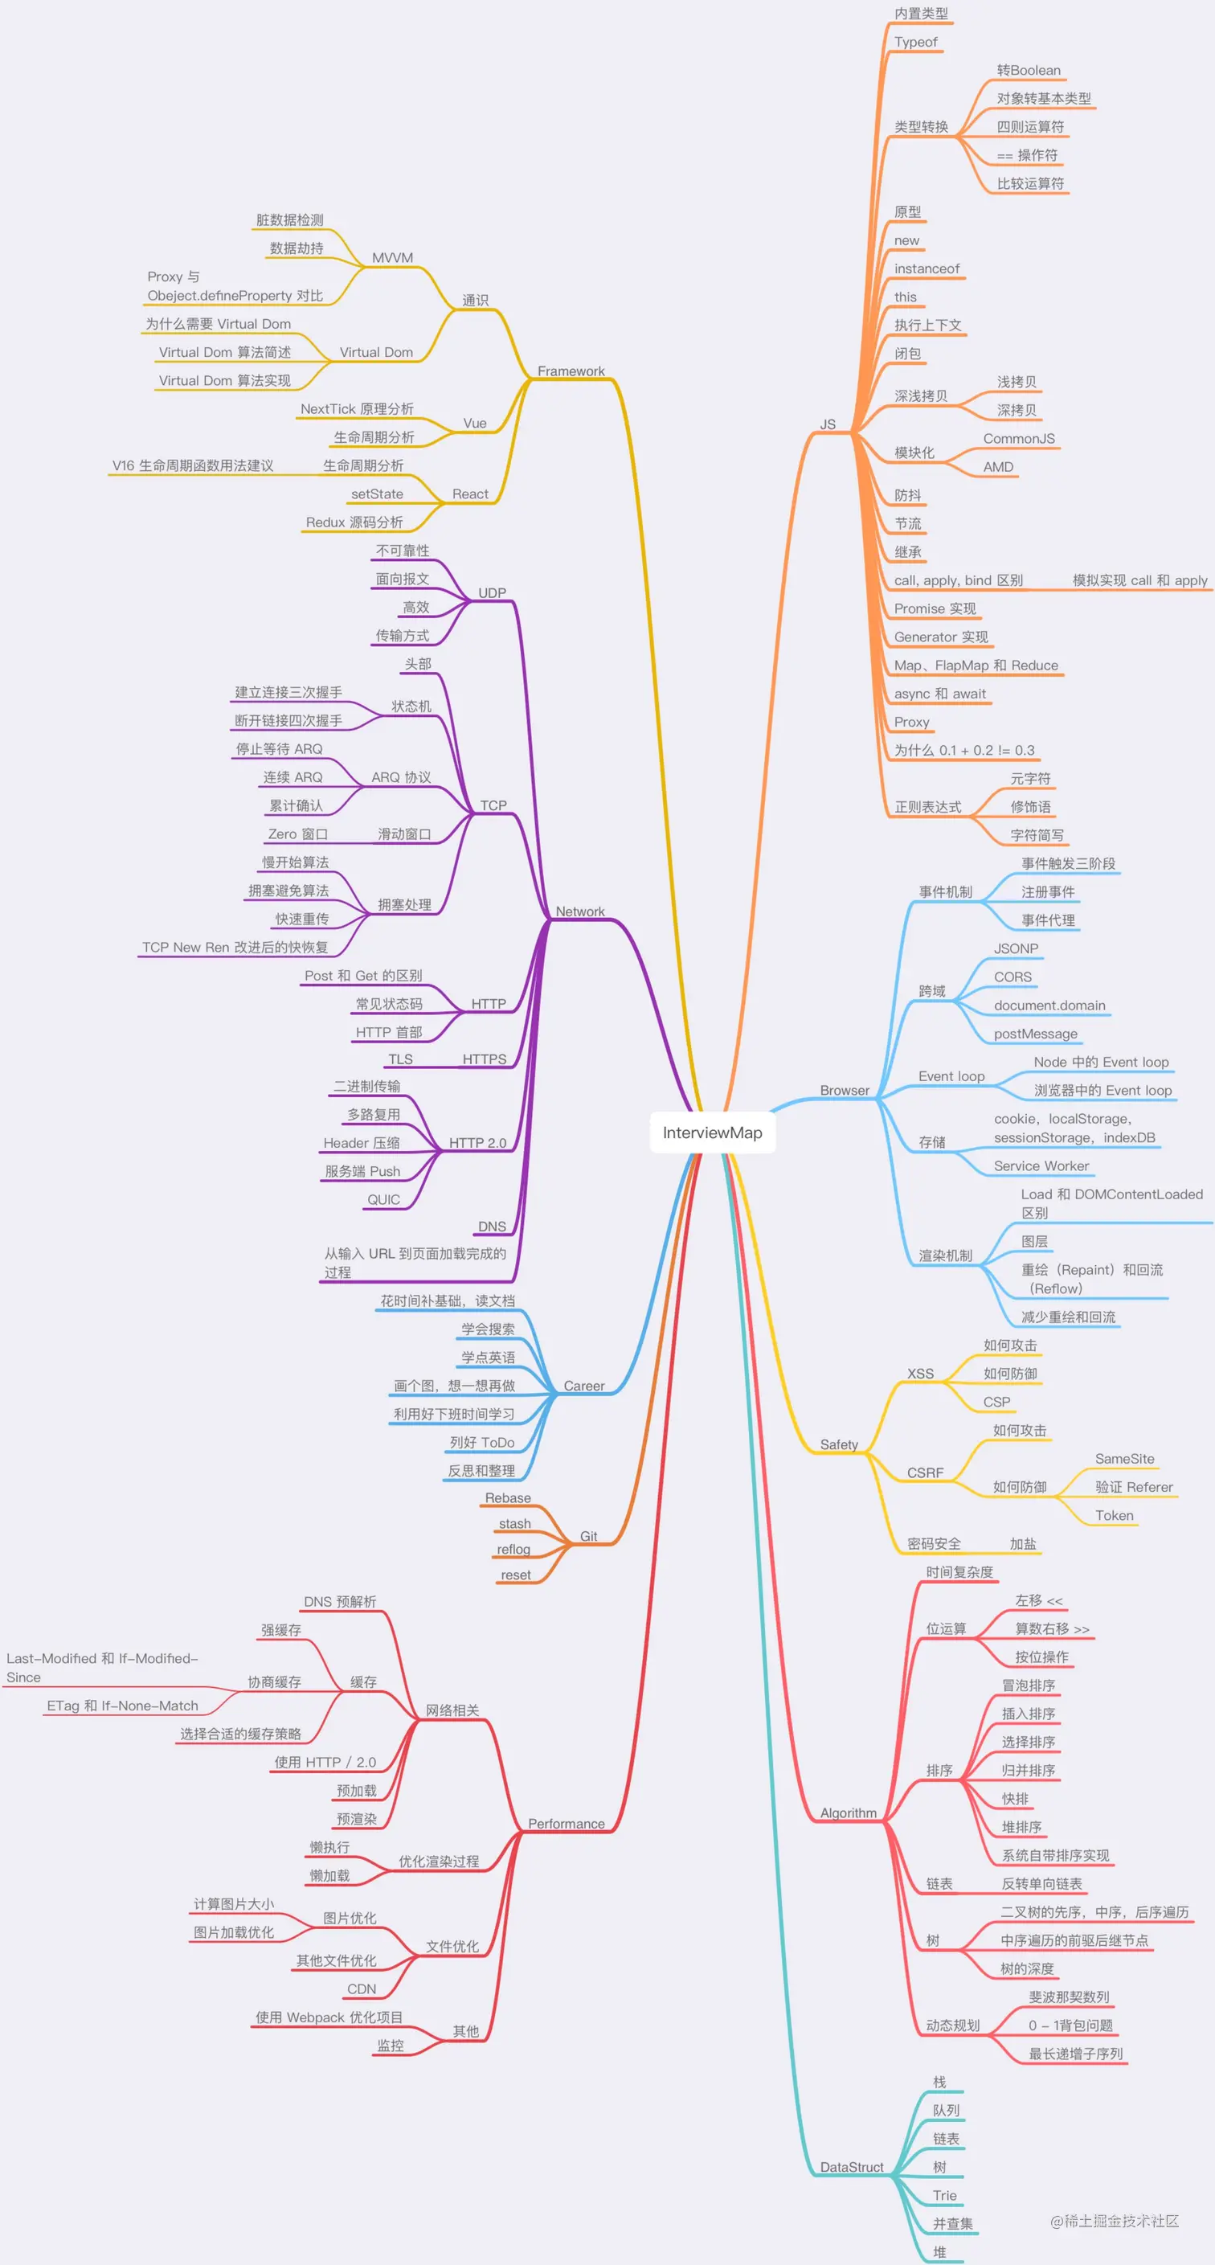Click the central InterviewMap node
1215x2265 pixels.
point(712,1132)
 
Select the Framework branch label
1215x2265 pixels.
point(571,371)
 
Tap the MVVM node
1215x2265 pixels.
point(392,258)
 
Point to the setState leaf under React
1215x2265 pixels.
point(376,494)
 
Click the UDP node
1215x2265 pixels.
point(492,592)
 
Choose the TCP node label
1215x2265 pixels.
point(493,805)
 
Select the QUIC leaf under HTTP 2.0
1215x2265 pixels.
point(383,1199)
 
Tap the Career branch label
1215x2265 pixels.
point(583,1386)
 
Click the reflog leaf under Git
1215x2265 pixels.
point(513,1550)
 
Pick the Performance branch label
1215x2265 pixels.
point(567,1824)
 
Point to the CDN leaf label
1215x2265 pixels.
point(362,1989)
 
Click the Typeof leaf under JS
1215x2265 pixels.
point(915,43)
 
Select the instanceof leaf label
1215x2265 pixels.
point(927,269)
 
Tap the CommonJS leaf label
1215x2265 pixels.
point(1018,439)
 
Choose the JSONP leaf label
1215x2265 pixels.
point(1016,948)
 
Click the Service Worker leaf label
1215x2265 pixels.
point(1041,1166)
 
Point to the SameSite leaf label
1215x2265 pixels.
point(1123,1459)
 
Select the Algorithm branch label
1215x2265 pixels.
point(848,1813)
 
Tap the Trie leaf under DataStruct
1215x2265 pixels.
point(944,2196)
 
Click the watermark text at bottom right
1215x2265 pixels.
point(1114,2221)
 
